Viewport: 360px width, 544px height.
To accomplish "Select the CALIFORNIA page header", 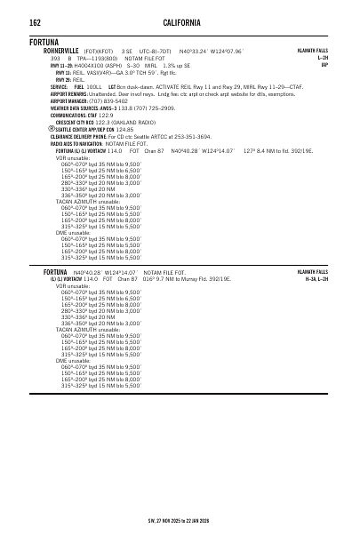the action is point(180,21).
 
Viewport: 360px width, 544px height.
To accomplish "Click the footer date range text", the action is point(180,521).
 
